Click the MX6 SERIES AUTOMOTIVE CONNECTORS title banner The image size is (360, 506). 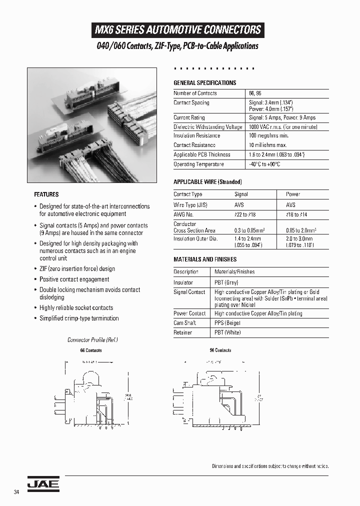pos(178,30)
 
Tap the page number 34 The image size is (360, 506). pos(17,492)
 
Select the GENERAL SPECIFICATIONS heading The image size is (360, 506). pos(204,83)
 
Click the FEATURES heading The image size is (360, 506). pos(46,194)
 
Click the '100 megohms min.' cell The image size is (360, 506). pos(269,135)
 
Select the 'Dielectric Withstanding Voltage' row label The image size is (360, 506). pos(207,127)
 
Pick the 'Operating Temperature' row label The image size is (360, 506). pos(198,164)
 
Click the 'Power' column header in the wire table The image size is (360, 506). pos(293,194)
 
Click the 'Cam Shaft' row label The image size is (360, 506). pos(184,323)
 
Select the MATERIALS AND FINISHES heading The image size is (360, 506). pos(205,259)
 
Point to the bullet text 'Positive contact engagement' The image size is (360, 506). pos(74,279)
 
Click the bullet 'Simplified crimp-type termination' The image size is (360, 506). pos(79,318)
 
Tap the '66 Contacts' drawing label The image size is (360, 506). pos(91,350)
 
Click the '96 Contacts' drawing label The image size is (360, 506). pos(220,350)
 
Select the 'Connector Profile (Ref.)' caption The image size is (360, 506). pos(92,340)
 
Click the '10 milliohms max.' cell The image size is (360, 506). pos(268,145)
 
